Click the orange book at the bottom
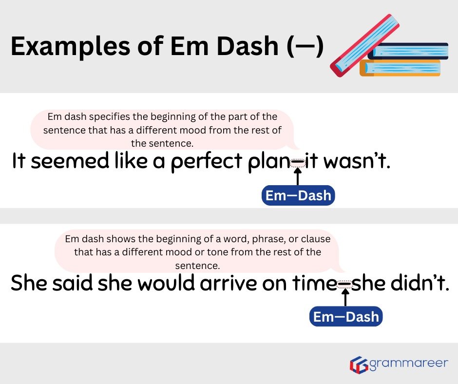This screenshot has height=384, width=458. click(x=400, y=68)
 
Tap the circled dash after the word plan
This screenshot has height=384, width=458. click(x=298, y=163)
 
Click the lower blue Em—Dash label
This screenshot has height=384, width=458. click(x=346, y=317)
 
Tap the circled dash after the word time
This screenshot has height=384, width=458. click(x=345, y=284)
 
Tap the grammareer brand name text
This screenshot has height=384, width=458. click(x=407, y=364)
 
